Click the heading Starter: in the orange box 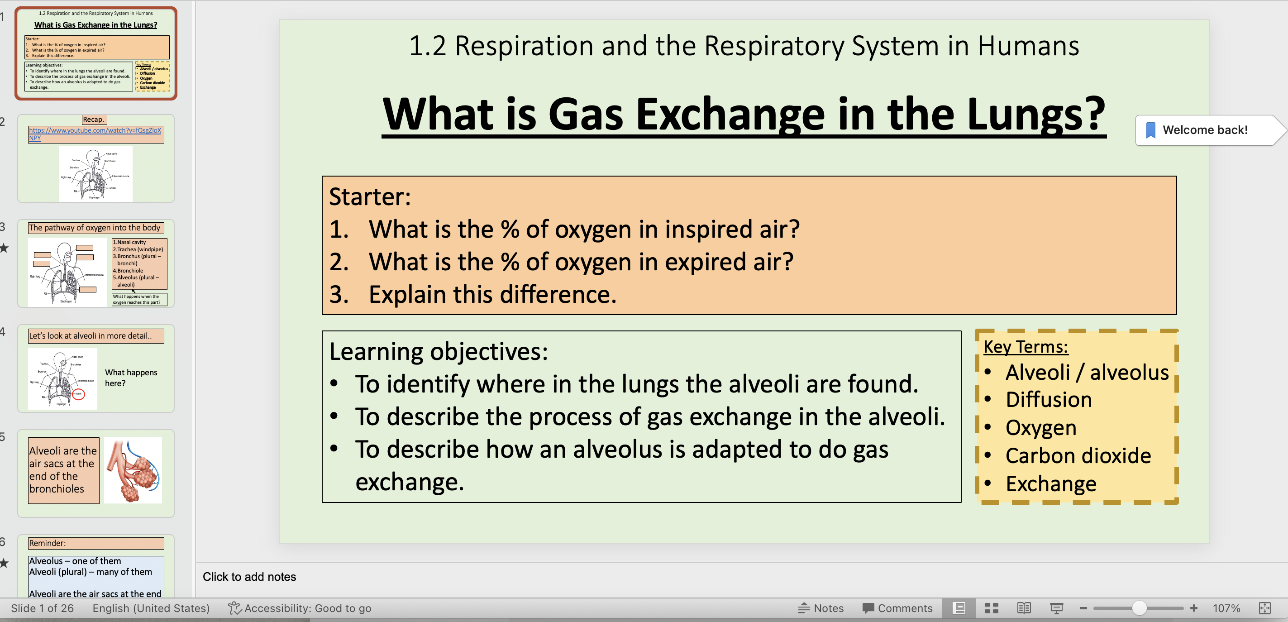tap(369, 196)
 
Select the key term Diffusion tap(1049, 399)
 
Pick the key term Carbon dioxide tap(1078, 455)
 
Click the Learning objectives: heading tap(439, 351)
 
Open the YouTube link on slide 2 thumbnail tap(95, 130)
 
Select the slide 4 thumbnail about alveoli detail tap(95, 368)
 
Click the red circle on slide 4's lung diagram tap(78, 394)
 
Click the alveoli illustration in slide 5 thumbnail tap(133, 470)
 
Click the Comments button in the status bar tap(897, 608)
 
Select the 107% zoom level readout tap(1226, 608)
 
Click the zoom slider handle tap(1139, 608)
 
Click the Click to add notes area tap(249, 576)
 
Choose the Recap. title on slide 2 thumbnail tap(94, 120)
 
